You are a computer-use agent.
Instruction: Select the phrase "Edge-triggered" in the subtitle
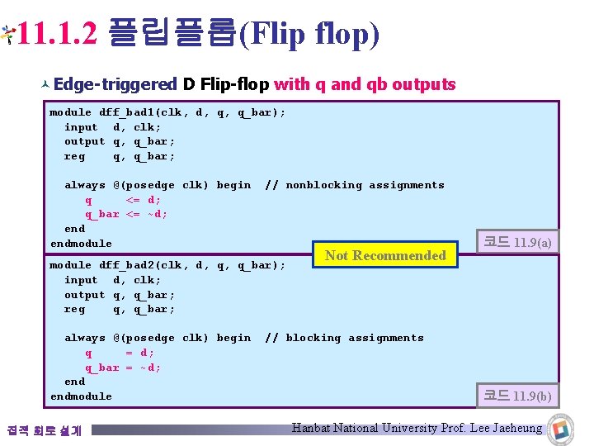(x=115, y=84)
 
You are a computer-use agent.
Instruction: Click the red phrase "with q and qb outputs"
(x=365, y=84)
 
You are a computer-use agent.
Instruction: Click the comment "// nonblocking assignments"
(x=354, y=185)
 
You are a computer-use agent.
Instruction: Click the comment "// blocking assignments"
(x=343, y=338)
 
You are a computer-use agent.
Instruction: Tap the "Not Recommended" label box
(x=385, y=256)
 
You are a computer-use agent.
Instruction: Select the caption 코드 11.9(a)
(x=517, y=242)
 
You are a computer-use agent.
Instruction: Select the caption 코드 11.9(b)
(x=517, y=396)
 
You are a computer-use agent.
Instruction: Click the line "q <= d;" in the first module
(x=123, y=200)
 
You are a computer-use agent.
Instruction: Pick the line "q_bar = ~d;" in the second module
(x=123, y=368)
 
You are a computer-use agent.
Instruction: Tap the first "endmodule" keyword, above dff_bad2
(x=81, y=244)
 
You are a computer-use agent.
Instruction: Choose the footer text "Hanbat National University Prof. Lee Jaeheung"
(x=417, y=428)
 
